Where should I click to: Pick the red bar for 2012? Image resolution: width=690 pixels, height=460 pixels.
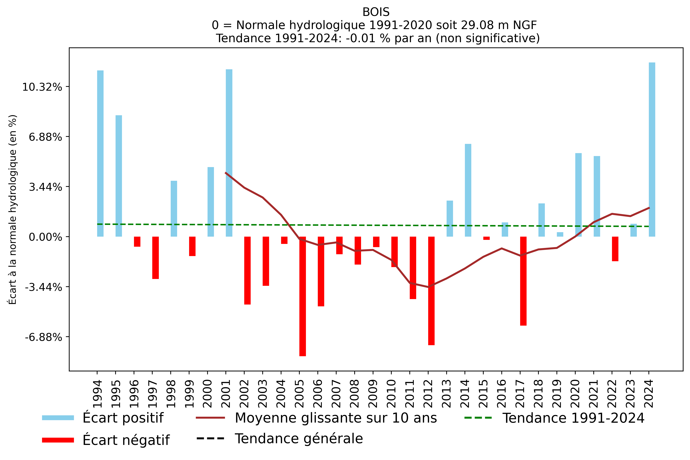coord(431,290)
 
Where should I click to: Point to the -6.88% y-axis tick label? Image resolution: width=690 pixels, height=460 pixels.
coord(43,337)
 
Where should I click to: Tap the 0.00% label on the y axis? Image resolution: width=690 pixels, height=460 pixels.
coord(45,237)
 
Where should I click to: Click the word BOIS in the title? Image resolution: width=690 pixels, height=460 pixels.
coord(376,12)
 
